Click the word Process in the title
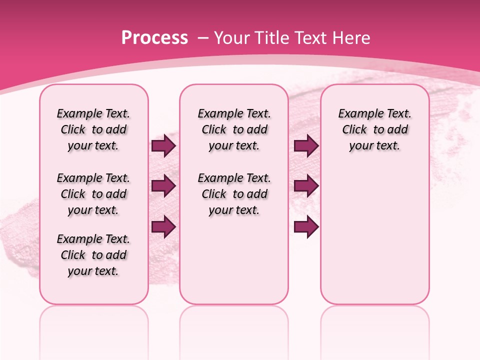154,38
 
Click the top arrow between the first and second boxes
163,146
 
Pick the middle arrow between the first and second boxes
163,186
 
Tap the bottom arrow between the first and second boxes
163,226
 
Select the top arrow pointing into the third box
306,146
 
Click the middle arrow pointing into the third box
306,186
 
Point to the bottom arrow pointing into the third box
306,226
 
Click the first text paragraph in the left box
93,129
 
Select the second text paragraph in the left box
93,194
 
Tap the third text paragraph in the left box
93,255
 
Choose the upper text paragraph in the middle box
234,129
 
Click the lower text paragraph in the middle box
234,194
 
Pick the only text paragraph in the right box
374,129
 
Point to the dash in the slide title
202,38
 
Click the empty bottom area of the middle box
234,265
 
